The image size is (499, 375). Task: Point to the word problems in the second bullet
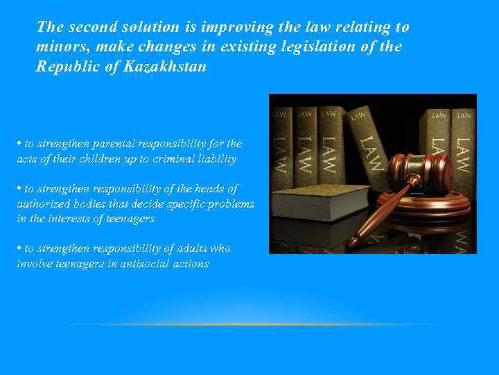[x=231, y=204]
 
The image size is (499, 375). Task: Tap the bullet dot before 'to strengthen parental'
[x=19, y=143]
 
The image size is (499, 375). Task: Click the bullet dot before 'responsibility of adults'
[x=19, y=248]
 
